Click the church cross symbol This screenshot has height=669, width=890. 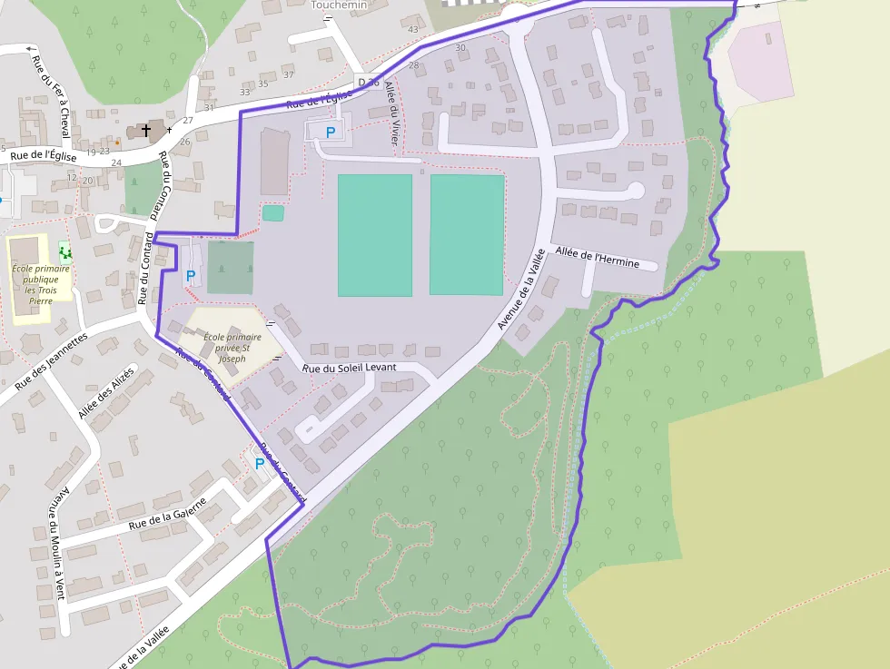[145, 131]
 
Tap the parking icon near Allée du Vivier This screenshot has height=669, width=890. [331, 133]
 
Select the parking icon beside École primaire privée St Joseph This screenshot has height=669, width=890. [191, 275]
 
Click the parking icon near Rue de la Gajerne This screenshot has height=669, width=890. [260, 464]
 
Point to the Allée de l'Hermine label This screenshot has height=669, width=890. [597, 257]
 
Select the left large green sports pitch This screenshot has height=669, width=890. [374, 235]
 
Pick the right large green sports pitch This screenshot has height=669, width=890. [467, 234]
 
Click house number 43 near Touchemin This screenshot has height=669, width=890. [413, 30]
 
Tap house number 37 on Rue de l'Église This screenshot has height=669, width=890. [289, 74]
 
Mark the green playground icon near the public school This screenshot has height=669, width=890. [64, 251]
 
